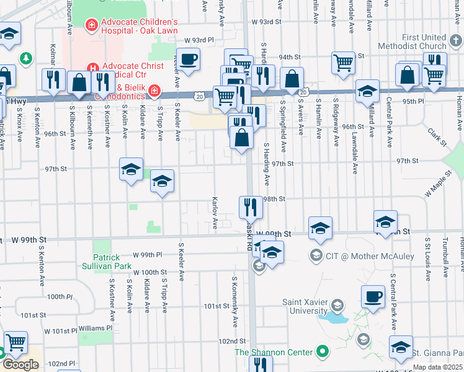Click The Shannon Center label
click(273, 352)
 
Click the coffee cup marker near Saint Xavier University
click(373, 297)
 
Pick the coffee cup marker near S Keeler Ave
click(189, 60)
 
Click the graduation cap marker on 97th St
click(132, 169)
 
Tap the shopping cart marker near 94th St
click(342, 62)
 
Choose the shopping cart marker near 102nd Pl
click(16, 342)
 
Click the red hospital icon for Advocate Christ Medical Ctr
click(93, 67)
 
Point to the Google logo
click(20, 365)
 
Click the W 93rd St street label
click(267, 22)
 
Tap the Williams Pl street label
click(95, 327)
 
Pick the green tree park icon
click(25, 59)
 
